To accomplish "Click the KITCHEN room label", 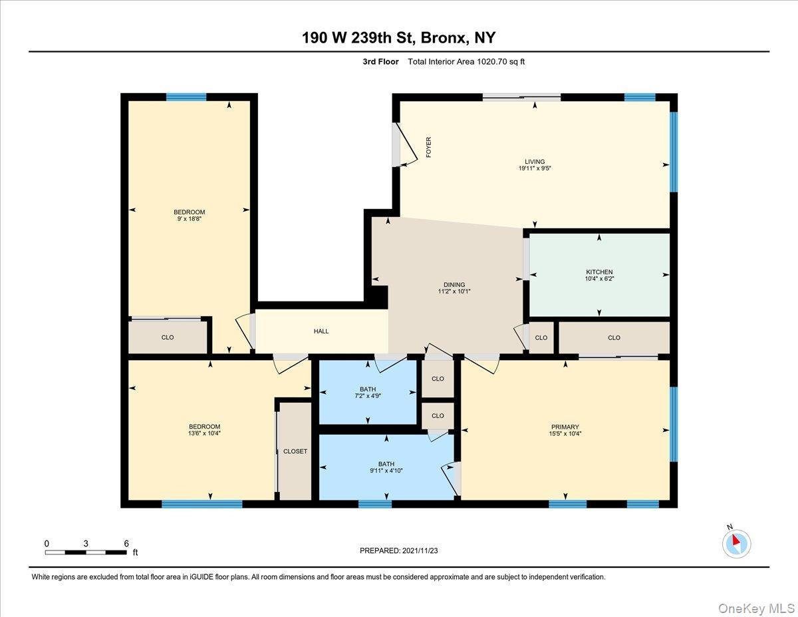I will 599,272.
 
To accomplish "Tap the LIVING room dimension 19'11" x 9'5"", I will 535,169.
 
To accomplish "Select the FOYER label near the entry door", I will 429,146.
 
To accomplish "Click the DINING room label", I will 454,285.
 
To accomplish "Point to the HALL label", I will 321,331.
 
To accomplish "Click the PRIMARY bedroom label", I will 565,427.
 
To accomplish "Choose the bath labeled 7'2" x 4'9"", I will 368,397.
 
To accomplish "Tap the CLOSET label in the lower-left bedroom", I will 295,451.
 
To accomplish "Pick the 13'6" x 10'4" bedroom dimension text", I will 204,433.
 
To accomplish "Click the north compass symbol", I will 735,544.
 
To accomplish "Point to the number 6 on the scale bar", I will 126,543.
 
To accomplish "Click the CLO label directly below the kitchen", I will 614,337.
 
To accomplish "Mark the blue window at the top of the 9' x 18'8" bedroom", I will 186,97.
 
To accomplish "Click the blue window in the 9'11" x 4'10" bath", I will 375,504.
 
